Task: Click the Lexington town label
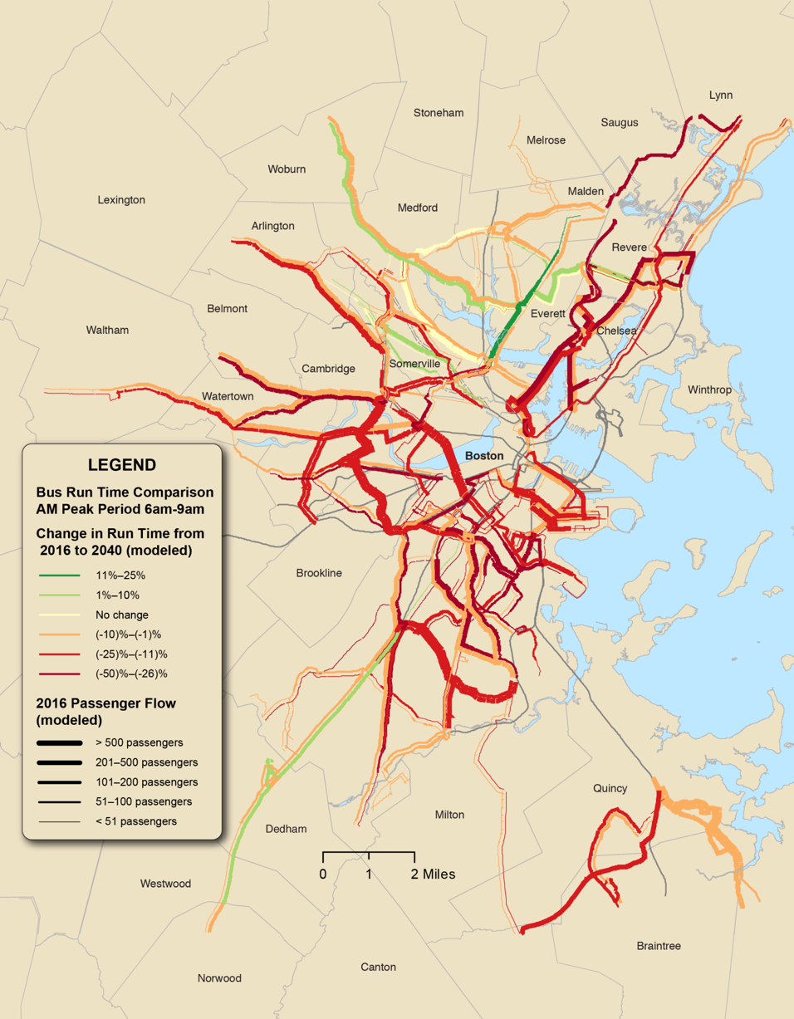coord(121,200)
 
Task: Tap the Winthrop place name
coord(709,389)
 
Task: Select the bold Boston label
coord(484,456)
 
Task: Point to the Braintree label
coord(659,946)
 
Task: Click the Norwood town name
coord(219,978)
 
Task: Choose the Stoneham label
coord(439,112)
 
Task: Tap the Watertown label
coord(228,396)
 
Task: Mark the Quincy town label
coord(610,788)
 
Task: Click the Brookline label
coord(319,573)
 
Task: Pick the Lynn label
coord(721,95)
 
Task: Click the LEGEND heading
coord(121,465)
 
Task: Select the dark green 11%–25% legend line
coord(58,575)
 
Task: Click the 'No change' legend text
coord(122,615)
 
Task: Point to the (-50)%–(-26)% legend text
coord(132,674)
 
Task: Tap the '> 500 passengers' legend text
coord(140,742)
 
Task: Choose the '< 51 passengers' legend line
coord(58,821)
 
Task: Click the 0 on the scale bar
coord(322,874)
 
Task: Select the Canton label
coord(378,967)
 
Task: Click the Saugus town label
coord(620,122)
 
